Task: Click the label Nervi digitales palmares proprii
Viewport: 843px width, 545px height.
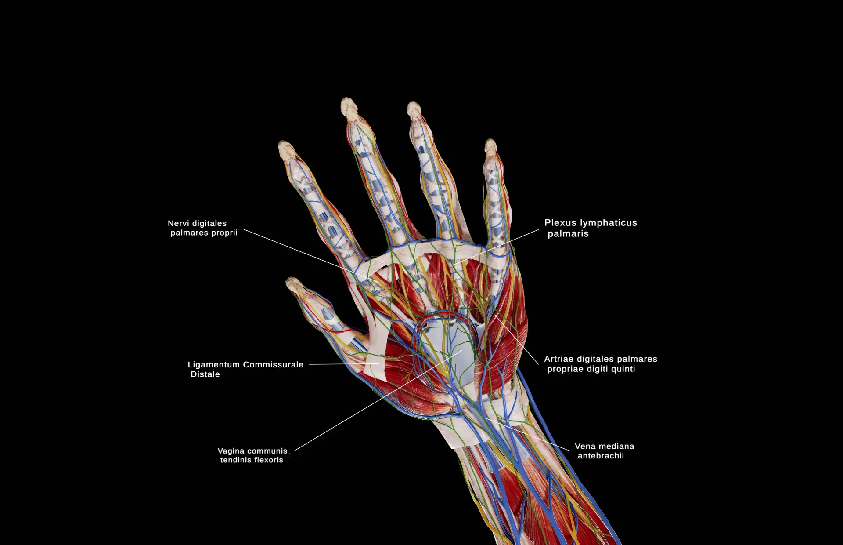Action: point(202,228)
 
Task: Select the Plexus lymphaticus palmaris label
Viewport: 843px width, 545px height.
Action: point(591,228)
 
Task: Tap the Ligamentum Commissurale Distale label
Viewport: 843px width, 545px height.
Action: point(245,369)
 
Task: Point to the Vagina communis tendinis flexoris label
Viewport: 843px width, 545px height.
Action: point(252,455)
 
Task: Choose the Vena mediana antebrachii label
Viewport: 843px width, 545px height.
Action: point(604,451)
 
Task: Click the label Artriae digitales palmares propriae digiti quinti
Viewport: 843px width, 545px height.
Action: point(601,364)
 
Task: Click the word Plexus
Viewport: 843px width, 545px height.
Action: point(560,223)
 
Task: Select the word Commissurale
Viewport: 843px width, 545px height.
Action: point(273,365)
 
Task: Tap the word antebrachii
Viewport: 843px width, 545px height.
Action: point(601,456)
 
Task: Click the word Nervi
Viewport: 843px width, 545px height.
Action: point(177,223)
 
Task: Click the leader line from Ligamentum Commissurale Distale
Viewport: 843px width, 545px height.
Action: point(344,364)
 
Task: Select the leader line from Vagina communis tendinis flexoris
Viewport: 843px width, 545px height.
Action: point(378,400)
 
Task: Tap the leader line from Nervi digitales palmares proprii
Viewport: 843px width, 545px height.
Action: point(311,256)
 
